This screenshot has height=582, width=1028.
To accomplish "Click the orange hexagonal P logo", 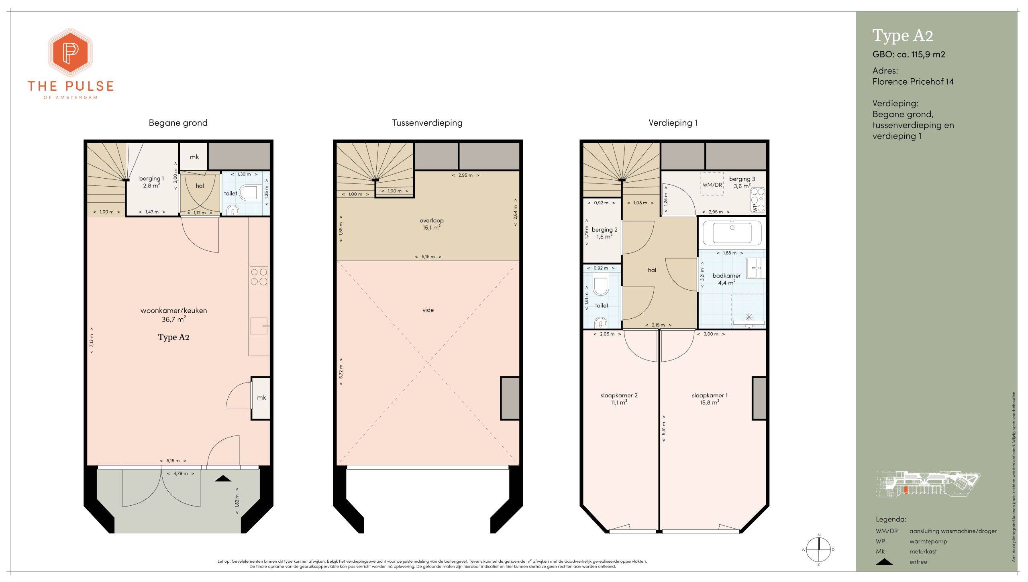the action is pyautogui.click(x=71, y=53).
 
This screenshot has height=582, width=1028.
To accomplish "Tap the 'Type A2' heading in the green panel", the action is pyautogui.click(x=903, y=36).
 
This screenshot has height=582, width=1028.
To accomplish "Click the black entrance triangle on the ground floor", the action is pyautogui.click(x=223, y=478).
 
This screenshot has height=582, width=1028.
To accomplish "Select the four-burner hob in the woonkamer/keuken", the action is pyautogui.click(x=259, y=277).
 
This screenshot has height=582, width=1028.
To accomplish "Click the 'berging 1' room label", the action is pyautogui.click(x=151, y=179).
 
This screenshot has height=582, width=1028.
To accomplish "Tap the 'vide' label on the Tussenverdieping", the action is pyautogui.click(x=428, y=310).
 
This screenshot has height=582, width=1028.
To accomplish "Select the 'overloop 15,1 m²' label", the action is pyautogui.click(x=432, y=224).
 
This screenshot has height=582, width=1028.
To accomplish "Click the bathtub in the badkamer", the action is pyautogui.click(x=732, y=233).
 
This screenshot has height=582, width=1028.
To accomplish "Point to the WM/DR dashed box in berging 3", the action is pyautogui.click(x=712, y=184).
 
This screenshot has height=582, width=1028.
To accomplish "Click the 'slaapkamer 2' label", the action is pyautogui.click(x=619, y=395).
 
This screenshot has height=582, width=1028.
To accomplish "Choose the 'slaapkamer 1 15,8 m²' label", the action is pyautogui.click(x=710, y=399).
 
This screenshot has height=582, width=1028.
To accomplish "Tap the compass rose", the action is pyautogui.click(x=818, y=549).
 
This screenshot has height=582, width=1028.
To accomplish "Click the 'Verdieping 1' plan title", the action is pyautogui.click(x=673, y=123).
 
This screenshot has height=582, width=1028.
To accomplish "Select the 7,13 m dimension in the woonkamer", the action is pyautogui.click(x=92, y=341).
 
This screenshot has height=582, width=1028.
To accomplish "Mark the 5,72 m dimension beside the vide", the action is pyautogui.click(x=341, y=372).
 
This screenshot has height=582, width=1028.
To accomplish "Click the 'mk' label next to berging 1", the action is pyautogui.click(x=194, y=157).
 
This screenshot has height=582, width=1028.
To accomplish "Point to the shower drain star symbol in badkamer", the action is pyautogui.click(x=749, y=317).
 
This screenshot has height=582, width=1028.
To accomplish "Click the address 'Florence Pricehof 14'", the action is pyautogui.click(x=913, y=81).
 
